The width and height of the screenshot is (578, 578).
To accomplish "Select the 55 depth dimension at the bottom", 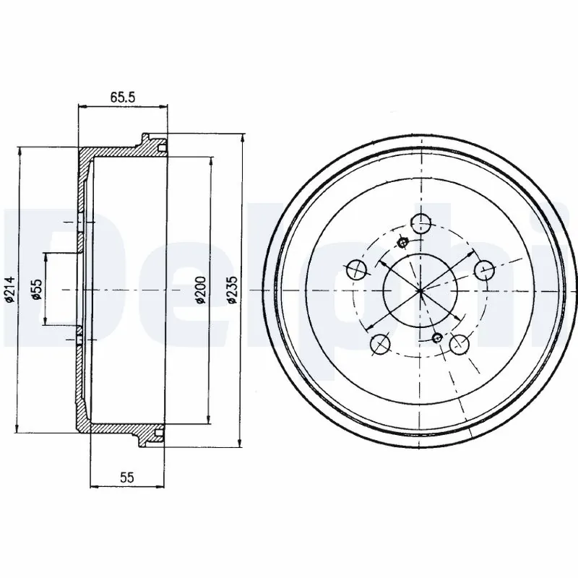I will pos(126,478).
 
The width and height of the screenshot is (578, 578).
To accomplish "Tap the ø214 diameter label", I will pos(11,289).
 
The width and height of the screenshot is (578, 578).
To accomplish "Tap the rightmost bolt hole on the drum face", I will pos(483,270).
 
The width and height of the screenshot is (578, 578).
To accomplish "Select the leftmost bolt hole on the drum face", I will pos(355,271).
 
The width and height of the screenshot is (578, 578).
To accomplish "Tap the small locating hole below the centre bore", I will pos(436,337).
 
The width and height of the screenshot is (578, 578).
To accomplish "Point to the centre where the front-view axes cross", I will pos(420,289).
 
